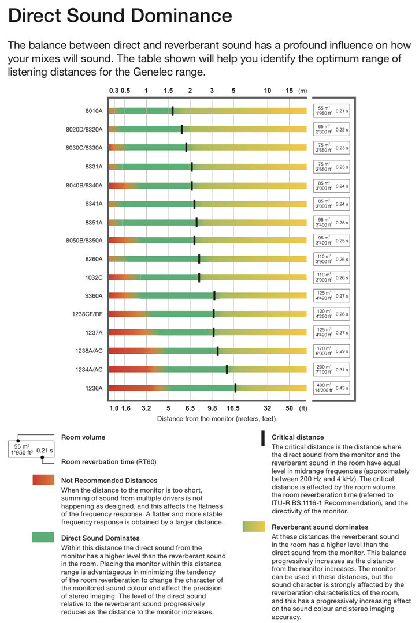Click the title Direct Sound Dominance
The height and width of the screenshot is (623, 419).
pyautogui.click(x=120, y=16)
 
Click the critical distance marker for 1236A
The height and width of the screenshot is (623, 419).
pyautogui.click(x=235, y=388)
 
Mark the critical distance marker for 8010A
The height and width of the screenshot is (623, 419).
pyautogui.click(x=172, y=111)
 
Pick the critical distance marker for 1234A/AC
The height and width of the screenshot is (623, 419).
pyautogui.click(x=227, y=370)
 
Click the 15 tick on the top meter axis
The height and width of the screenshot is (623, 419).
pyautogui.click(x=289, y=91)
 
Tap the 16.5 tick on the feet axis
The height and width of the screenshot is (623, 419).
pyautogui.click(x=233, y=408)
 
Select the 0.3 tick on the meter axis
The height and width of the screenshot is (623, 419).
pyautogui.click(x=114, y=91)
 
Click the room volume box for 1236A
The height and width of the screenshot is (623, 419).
pyautogui.click(x=331, y=388)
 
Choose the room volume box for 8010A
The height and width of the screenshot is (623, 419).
pyautogui.click(x=331, y=111)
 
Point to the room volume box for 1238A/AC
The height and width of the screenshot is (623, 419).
pyautogui.click(x=331, y=351)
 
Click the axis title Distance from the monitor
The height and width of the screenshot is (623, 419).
pyautogui.click(x=216, y=419)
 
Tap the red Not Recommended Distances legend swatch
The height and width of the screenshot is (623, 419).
pyautogui.click(x=43, y=480)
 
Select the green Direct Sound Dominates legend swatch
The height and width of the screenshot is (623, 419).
pyautogui.click(x=43, y=538)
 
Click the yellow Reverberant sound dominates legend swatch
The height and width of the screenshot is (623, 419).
pyautogui.click(x=253, y=527)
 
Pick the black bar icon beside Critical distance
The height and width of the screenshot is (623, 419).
pyautogui.click(x=262, y=438)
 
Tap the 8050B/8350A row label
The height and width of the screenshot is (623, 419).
pyautogui.click(x=84, y=241)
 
